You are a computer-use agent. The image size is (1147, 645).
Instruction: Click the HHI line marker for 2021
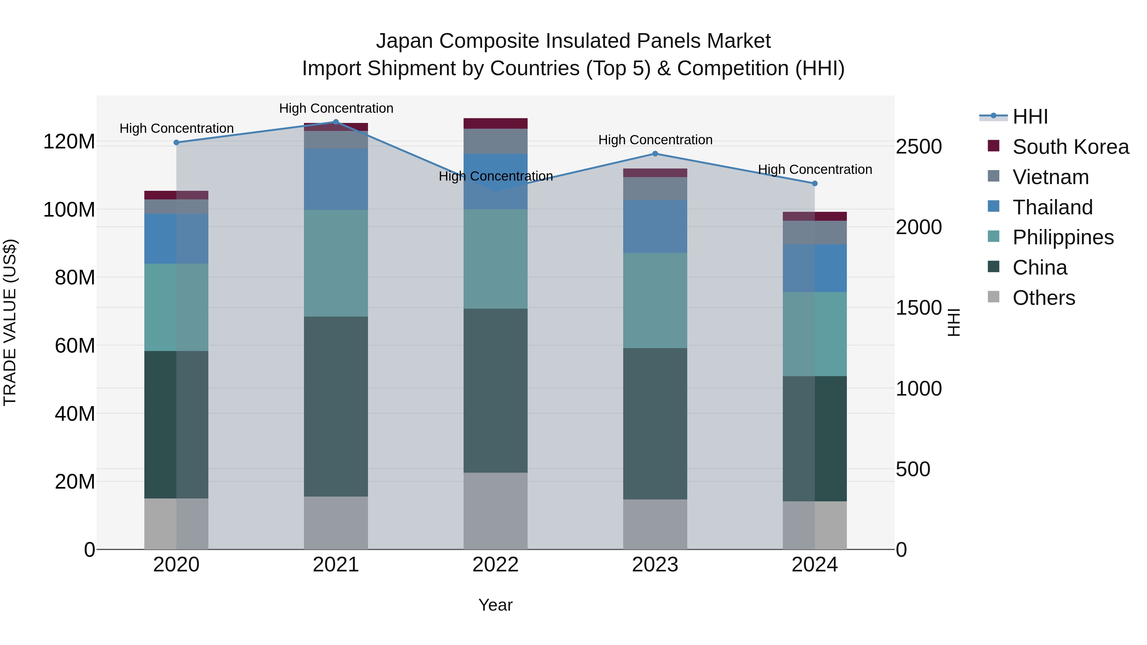336,122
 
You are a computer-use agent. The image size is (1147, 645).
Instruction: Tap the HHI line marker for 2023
655,154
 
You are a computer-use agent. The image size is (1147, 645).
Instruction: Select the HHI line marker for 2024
815,183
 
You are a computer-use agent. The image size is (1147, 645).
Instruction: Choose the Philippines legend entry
1063,237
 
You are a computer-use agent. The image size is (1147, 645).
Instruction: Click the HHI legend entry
1030,117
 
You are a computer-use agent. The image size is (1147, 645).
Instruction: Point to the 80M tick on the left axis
69,278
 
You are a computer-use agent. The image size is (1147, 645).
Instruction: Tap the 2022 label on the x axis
495,565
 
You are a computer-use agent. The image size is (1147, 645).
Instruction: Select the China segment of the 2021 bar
336,406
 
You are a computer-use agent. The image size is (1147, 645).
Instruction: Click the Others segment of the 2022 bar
495,511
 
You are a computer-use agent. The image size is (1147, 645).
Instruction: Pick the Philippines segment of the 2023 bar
655,300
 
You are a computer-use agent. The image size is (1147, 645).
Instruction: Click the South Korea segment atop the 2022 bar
495,123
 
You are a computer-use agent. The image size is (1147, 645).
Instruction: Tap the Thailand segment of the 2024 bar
815,268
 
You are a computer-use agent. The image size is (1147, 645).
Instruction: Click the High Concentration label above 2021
336,108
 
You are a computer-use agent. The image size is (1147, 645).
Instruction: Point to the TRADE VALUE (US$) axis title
10,322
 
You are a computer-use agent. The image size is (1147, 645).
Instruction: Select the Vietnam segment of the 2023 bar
655,189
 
